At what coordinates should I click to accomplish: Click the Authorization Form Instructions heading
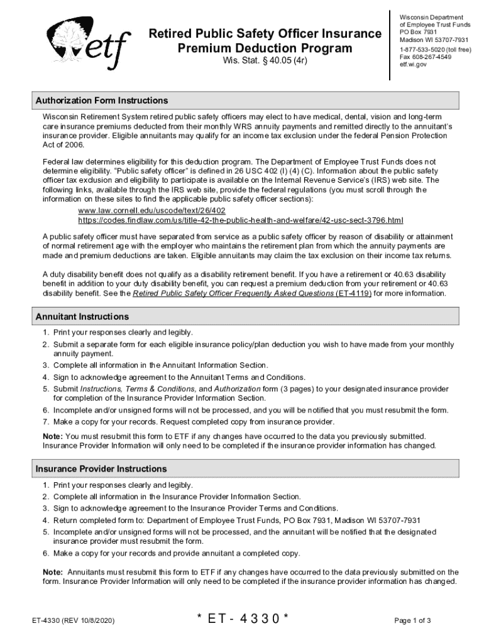coord(102,100)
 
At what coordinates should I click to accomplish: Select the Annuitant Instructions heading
coord(82,316)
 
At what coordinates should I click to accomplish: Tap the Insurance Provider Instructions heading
coord(101,469)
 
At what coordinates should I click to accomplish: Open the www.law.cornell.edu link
coord(151,210)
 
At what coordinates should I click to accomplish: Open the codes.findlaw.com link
coord(241,220)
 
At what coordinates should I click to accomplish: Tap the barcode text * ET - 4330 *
coord(242,619)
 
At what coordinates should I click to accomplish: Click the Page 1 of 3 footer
coord(412,621)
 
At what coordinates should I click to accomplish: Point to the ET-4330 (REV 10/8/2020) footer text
coord(74,621)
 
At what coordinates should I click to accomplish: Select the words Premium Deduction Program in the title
coord(265,48)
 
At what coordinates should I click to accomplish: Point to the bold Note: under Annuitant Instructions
coord(52,436)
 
